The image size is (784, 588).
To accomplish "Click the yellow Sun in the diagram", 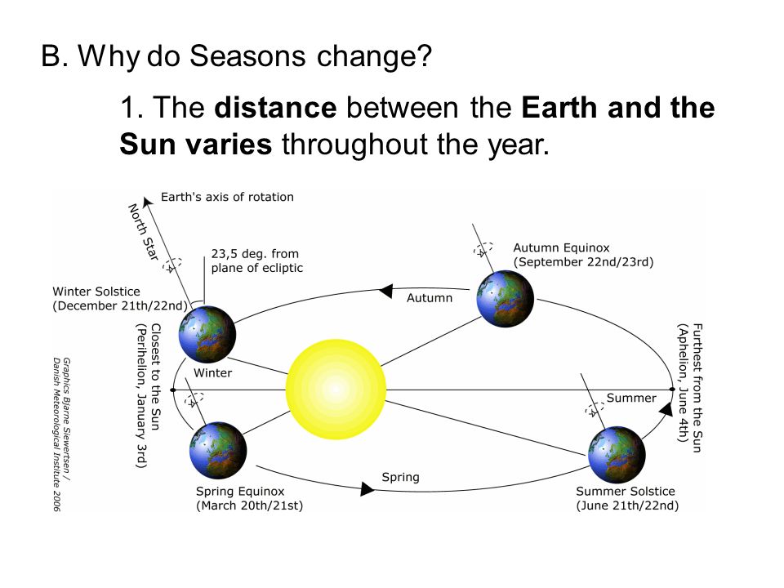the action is tap(336, 390).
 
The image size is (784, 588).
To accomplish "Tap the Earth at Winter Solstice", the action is tap(207, 334).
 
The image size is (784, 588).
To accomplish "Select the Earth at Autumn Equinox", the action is tap(505, 299).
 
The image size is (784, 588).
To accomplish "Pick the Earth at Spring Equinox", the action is tap(219, 451).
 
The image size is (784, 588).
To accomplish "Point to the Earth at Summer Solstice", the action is tap(617, 455).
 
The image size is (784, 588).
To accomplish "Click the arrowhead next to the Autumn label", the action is tap(385, 291).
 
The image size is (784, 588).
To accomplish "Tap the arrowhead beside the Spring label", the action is tap(367, 488).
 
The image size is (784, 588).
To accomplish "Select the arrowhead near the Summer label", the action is tap(666, 408).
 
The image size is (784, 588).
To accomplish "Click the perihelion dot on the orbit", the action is tap(173, 390).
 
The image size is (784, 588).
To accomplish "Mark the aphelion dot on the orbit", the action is tap(672, 390).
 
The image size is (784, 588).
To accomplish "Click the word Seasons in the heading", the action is tap(247, 56).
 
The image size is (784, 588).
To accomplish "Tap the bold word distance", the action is tap(275, 108).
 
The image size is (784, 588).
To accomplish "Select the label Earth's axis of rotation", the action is tap(227, 197).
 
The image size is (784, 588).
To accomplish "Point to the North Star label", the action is tap(144, 231).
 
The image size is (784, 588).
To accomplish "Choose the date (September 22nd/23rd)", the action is tap(583, 262).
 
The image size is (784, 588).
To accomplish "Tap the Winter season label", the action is tap(213, 373).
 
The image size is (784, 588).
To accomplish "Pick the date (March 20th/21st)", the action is tap(250, 506).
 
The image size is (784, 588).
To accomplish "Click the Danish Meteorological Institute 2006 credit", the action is tap(56, 434).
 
